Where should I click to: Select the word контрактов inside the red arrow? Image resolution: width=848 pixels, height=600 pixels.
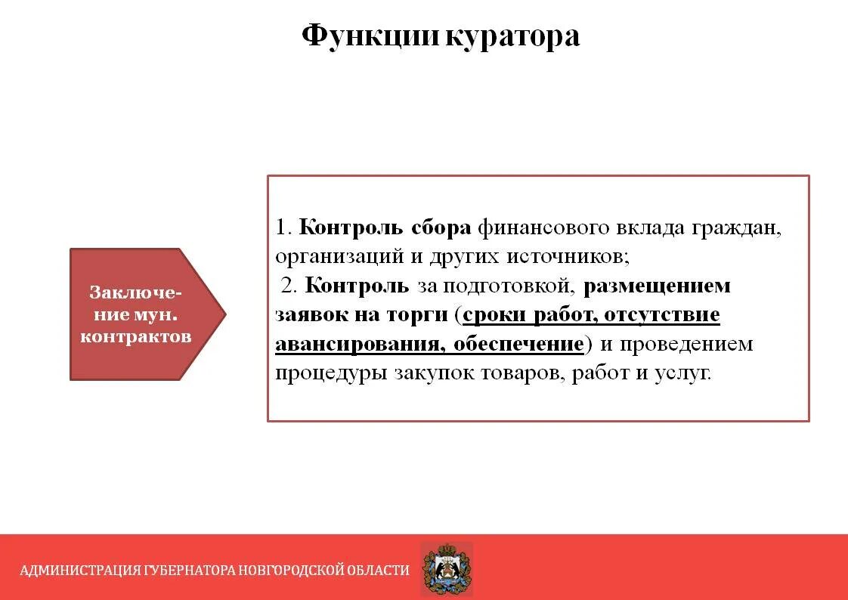[136, 336]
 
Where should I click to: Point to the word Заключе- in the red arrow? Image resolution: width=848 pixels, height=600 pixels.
[136, 292]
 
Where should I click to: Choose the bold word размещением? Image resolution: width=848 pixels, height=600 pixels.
[657, 286]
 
